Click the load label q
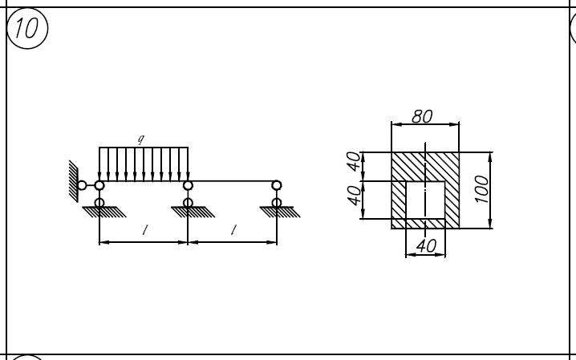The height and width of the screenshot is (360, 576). [x=141, y=140]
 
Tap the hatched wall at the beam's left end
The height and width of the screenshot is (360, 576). [x=72, y=180]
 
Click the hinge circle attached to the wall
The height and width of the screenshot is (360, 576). [x=82, y=185]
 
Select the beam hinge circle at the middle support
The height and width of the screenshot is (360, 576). [x=188, y=185]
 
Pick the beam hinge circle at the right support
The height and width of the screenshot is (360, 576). [x=277, y=185]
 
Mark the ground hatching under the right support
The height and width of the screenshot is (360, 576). [x=282, y=212]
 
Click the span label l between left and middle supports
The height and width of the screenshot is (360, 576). [x=144, y=231]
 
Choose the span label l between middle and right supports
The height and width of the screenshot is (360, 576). [x=233, y=231]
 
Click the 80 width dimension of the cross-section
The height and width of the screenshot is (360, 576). [x=422, y=116]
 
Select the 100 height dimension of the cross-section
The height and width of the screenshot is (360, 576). [x=481, y=190]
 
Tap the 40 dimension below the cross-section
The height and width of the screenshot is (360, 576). [x=426, y=247]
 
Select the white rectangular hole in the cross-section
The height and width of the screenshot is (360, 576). [x=425, y=199]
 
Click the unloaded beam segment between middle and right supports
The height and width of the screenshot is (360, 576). [x=233, y=181]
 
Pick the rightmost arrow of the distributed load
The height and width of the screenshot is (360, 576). [x=188, y=164]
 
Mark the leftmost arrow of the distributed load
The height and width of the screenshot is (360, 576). [x=99, y=164]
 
